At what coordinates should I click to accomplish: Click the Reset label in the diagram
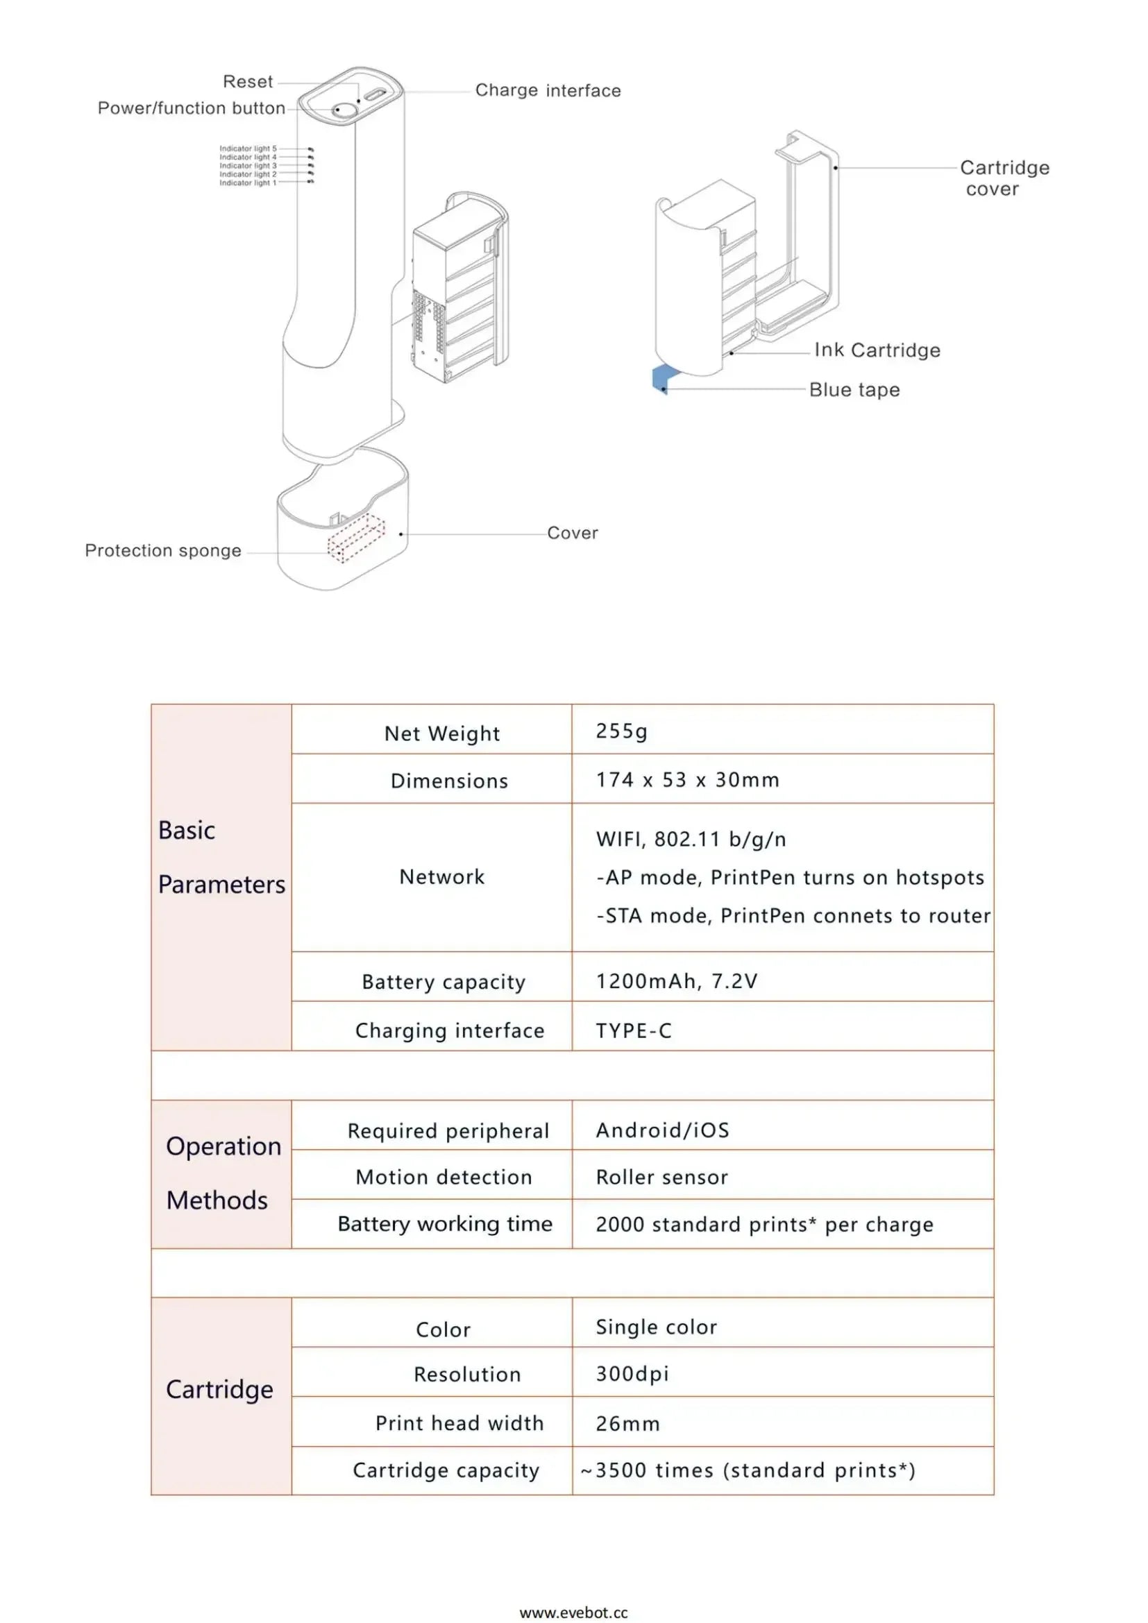(x=247, y=82)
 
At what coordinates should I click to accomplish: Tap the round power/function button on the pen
(x=344, y=110)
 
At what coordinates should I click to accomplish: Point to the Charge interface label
(x=548, y=90)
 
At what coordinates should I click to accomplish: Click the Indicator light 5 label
(x=247, y=149)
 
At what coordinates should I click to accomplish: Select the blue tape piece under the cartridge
(x=662, y=380)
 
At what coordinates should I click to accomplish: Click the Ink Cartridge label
(x=877, y=350)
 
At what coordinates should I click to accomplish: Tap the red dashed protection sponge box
(x=355, y=538)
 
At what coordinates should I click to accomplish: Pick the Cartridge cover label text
(x=1004, y=178)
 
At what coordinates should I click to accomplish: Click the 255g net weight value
(x=621, y=731)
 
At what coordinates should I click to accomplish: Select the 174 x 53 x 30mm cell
(x=687, y=781)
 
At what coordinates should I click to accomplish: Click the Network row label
(x=442, y=877)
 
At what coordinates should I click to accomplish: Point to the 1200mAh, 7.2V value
(x=677, y=981)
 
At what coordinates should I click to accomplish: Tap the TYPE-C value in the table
(x=634, y=1030)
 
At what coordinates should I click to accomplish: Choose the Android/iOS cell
(x=662, y=1130)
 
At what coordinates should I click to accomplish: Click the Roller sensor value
(x=661, y=1177)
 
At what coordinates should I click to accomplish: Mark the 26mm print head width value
(x=627, y=1424)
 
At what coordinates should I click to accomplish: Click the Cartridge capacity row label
(x=446, y=1470)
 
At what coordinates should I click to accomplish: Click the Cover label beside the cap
(x=572, y=533)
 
